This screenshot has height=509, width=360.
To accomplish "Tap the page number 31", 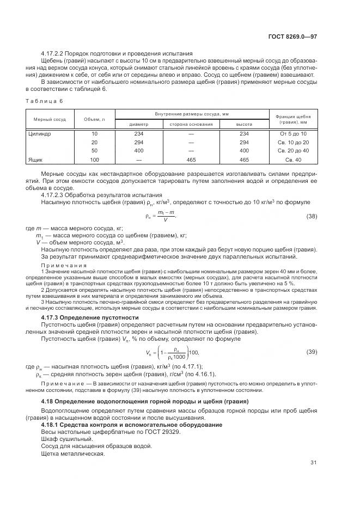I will pyautogui.click(x=313, y=463).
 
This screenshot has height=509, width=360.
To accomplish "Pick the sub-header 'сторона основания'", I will pyautogui.click(x=191, y=124).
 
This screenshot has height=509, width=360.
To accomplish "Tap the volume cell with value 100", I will pyautogui.click(x=94, y=160).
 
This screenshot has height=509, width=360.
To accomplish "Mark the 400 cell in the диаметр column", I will pyautogui.click(x=138, y=150).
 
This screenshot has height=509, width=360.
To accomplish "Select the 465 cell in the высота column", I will pyautogui.click(x=243, y=160).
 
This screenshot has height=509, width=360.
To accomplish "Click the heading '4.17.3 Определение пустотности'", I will pyautogui.click(x=89, y=317).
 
